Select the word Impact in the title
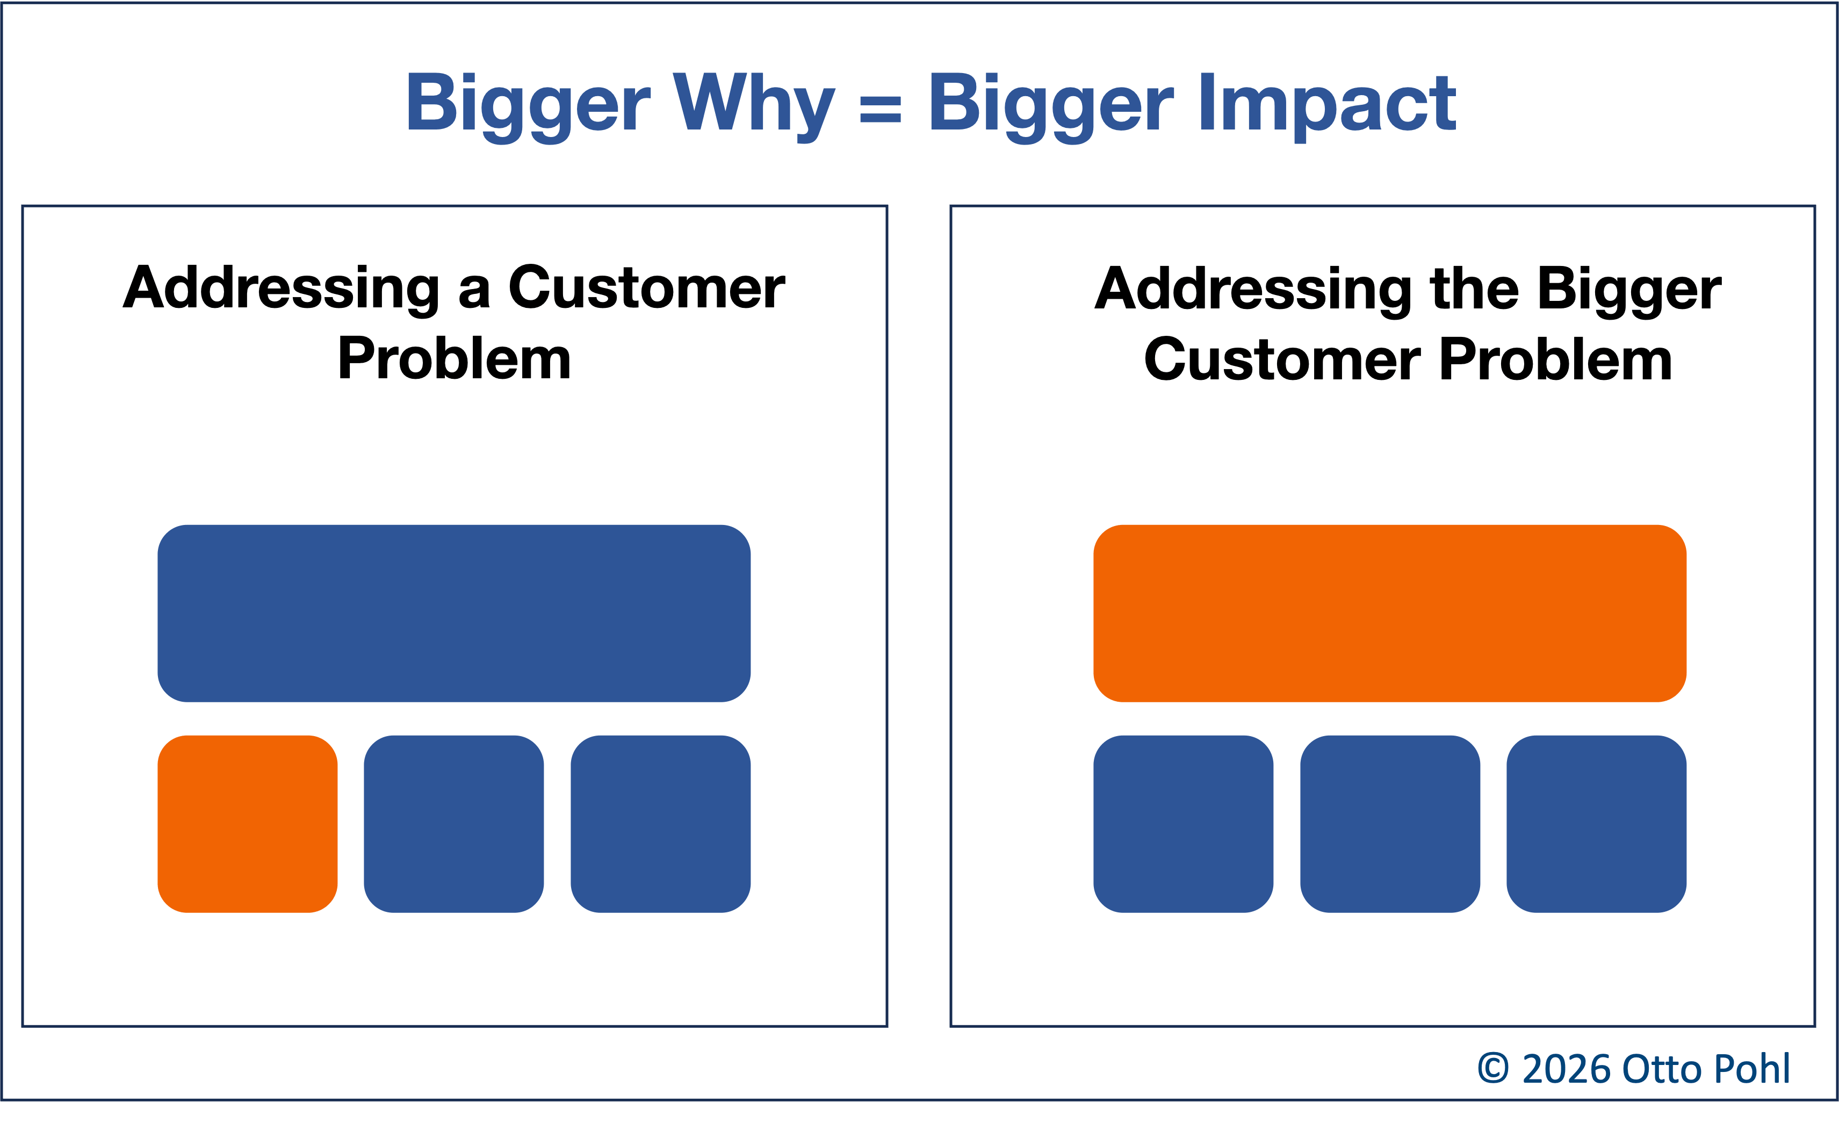1326,103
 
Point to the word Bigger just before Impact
1050,103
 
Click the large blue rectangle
454,613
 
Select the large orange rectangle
1390,613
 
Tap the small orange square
247,824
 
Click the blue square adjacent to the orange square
454,824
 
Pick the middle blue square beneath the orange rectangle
1390,824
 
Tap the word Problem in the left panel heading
454,358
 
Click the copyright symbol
1494,1069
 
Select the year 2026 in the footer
1567,1069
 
